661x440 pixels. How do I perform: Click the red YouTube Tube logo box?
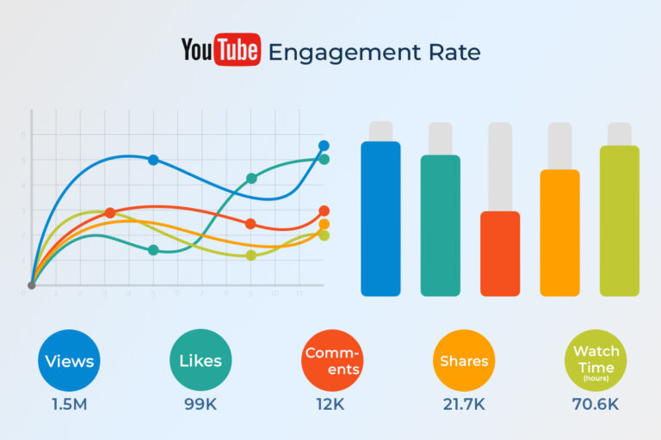[236, 50]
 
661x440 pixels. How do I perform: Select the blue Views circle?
[69, 361]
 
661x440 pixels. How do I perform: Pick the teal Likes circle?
[201, 361]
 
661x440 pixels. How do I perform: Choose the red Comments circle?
[332, 361]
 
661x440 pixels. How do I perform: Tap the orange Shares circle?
[464, 361]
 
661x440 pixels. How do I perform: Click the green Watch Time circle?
[596, 361]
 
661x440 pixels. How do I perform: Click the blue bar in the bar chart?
[380, 219]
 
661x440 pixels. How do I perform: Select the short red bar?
[500, 254]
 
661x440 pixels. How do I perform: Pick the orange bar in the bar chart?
[559, 233]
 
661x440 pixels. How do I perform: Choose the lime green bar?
[620, 221]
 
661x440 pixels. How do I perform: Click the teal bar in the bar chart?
[440, 225]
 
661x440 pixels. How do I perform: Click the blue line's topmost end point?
[324, 146]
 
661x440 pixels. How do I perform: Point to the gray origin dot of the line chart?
[32, 285]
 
